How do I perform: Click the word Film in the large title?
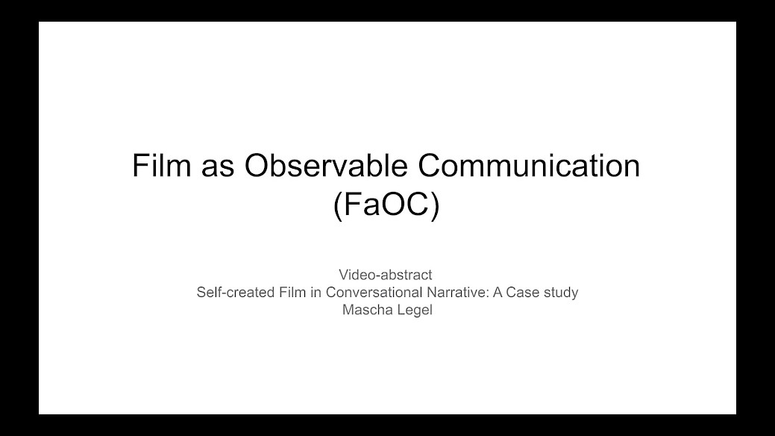(161, 165)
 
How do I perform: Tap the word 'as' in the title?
(218, 168)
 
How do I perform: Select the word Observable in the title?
(326, 165)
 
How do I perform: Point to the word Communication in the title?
(530, 165)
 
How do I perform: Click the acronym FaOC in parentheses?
(386, 204)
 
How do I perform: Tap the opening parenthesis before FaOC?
(338, 206)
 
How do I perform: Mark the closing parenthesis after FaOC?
(435, 206)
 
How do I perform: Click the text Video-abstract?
(386, 275)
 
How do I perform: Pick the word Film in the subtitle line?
(292, 293)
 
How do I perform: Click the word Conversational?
(374, 293)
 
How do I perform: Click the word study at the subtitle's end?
(561, 293)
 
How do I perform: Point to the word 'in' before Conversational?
(316, 293)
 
